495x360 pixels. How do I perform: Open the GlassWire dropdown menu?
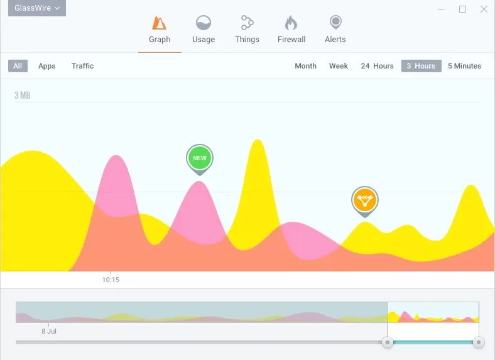[x=38, y=8]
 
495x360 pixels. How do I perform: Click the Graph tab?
[x=160, y=30]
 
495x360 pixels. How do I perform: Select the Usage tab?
[x=203, y=30]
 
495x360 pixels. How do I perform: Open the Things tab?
[x=247, y=30]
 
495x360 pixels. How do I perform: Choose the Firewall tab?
[x=291, y=30]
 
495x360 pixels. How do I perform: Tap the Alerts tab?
[x=335, y=30]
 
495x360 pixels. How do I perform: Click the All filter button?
[x=18, y=66]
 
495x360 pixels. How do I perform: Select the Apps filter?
[x=47, y=66]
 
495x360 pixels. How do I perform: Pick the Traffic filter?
[x=82, y=66]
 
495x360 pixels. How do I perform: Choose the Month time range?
[x=305, y=66]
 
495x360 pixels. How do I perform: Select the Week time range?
[x=339, y=66]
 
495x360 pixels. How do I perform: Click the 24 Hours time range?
[x=377, y=66]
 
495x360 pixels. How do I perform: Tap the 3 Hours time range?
[x=421, y=66]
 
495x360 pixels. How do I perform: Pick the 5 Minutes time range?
[x=464, y=66]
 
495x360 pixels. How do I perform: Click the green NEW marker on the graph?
[x=200, y=158]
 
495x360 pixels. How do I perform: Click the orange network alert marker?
[x=364, y=200]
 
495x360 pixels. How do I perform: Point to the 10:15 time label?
[x=111, y=280]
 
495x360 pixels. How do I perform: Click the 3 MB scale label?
[x=23, y=95]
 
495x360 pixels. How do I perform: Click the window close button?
[x=484, y=9]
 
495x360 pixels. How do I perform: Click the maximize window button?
[x=463, y=9]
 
